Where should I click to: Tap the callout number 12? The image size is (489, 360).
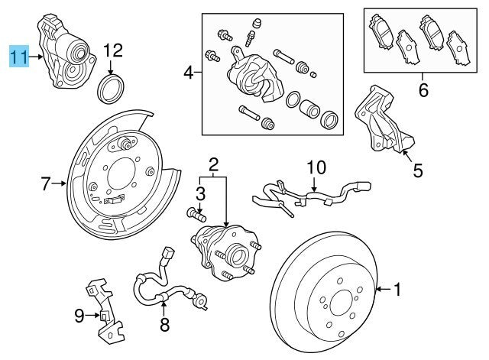(112, 50)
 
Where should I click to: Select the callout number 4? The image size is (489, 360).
(188, 73)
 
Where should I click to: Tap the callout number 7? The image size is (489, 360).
(45, 183)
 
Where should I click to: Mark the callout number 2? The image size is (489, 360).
(213, 164)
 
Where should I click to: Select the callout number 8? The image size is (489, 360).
(164, 326)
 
